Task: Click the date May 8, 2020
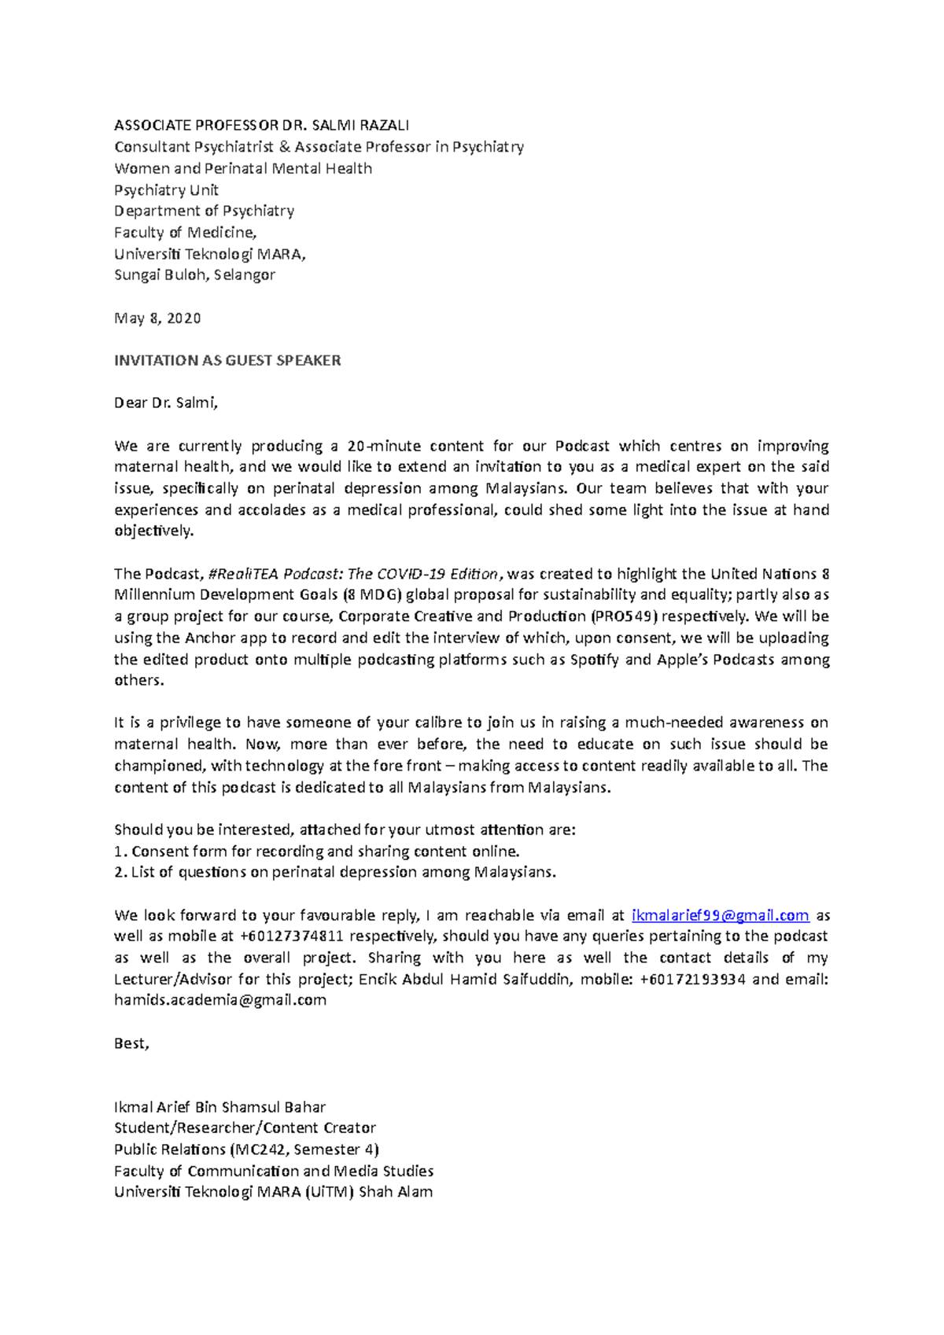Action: pyautogui.click(x=157, y=318)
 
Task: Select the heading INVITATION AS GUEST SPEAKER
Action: pyautogui.click(x=227, y=361)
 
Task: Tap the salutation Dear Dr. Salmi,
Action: pyautogui.click(x=165, y=403)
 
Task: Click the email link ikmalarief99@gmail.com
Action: pyautogui.click(x=721, y=916)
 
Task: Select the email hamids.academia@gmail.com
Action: pyautogui.click(x=220, y=1001)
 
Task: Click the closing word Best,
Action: pyautogui.click(x=131, y=1044)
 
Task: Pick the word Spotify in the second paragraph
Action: pyautogui.click(x=594, y=660)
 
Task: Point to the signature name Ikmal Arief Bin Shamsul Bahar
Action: pyautogui.click(x=219, y=1108)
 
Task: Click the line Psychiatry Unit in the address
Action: pyautogui.click(x=166, y=190)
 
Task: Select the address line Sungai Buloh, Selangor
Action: pyautogui.click(x=194, y=275)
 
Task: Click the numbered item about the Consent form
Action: pyautogui.click(x=317, y=851)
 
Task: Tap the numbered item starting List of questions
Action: pyautogui.click(x=335, y=873)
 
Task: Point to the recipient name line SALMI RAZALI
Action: pyautogui.click(x=360, y=126)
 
